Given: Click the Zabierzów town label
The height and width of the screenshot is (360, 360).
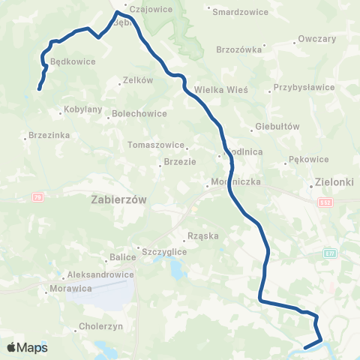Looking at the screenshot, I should pos(119,199).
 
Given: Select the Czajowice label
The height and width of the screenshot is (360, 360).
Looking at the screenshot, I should pos(151,10).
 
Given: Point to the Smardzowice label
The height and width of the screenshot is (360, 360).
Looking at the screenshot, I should pos(236,12).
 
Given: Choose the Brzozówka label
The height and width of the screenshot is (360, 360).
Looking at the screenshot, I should pos(238,49).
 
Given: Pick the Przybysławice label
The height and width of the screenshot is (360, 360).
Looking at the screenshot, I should pos(304,87).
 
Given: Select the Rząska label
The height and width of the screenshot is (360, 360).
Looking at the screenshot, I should pos(203,235).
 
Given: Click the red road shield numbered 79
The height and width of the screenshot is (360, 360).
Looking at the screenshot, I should pos(37,196).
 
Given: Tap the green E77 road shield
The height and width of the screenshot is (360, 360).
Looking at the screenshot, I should pos(330,253).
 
